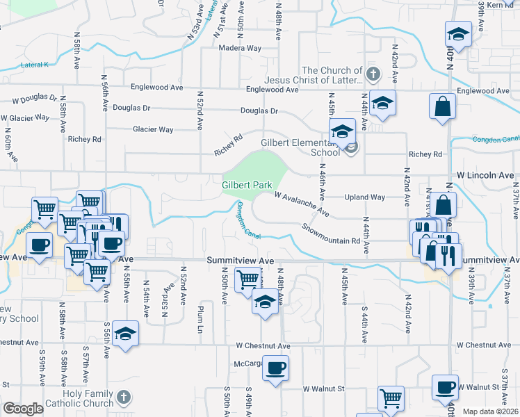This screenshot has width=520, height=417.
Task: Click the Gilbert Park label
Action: pyautogui.click(x=247, y=186)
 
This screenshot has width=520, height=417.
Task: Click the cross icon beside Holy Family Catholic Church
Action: pyautogui.click(x=123, y=398)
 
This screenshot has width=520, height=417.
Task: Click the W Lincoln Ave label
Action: pyautogui.click(x=485, y=175)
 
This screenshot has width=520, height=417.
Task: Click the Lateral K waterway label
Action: pyautogui.click(x=35, y=65)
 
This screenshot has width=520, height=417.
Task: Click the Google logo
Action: pyautogui.click(x=23, y=409)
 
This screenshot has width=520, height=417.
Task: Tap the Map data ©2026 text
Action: pyautogui.click(x=491, y=411)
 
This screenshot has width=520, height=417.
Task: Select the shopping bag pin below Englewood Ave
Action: pyautogui.click(x=443, y=108)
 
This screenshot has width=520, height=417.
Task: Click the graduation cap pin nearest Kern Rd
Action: pyautogui.click(x=459, y=33)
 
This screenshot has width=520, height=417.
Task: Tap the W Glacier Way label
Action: pyautogui.click(x=26, y=117)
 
